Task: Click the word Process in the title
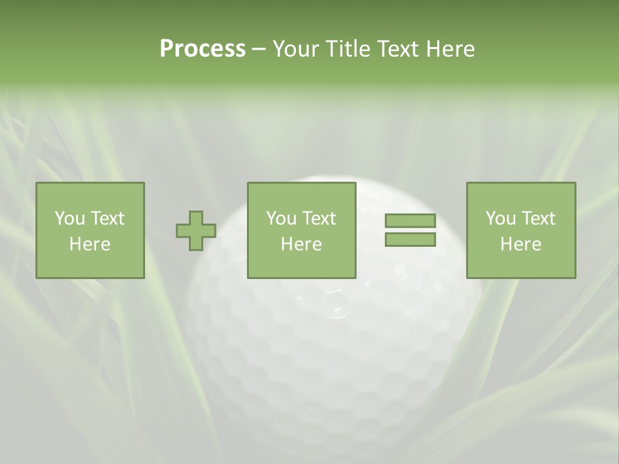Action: click(x=202, y=49)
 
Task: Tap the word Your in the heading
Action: click(x=296, y=49)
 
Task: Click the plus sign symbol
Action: click(x=196, y=231)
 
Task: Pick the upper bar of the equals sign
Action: click(x=410, y=221)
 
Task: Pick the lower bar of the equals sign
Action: click(x=410, y=240)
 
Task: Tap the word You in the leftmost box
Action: click(x=70, y=218)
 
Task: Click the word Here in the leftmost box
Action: click(x=90, y=244)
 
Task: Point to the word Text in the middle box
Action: click(x=319, y=218)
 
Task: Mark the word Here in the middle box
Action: click(x=302, y=244)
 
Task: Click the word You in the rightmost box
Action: click(x=500, y=218)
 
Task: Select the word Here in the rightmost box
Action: click(x=521, y=244)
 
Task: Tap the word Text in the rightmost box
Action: click(x=538, y=218)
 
